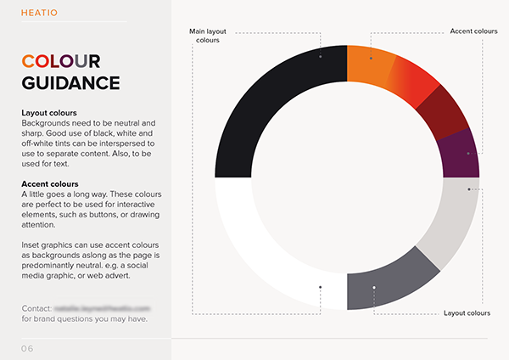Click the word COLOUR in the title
61,62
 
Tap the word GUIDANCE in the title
70,83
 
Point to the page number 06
29,349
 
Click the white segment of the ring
263,255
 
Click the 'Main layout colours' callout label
208,35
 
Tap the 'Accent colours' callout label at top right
473,31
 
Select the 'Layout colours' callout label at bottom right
467,313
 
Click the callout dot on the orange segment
371,57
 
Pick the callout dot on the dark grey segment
373,289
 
